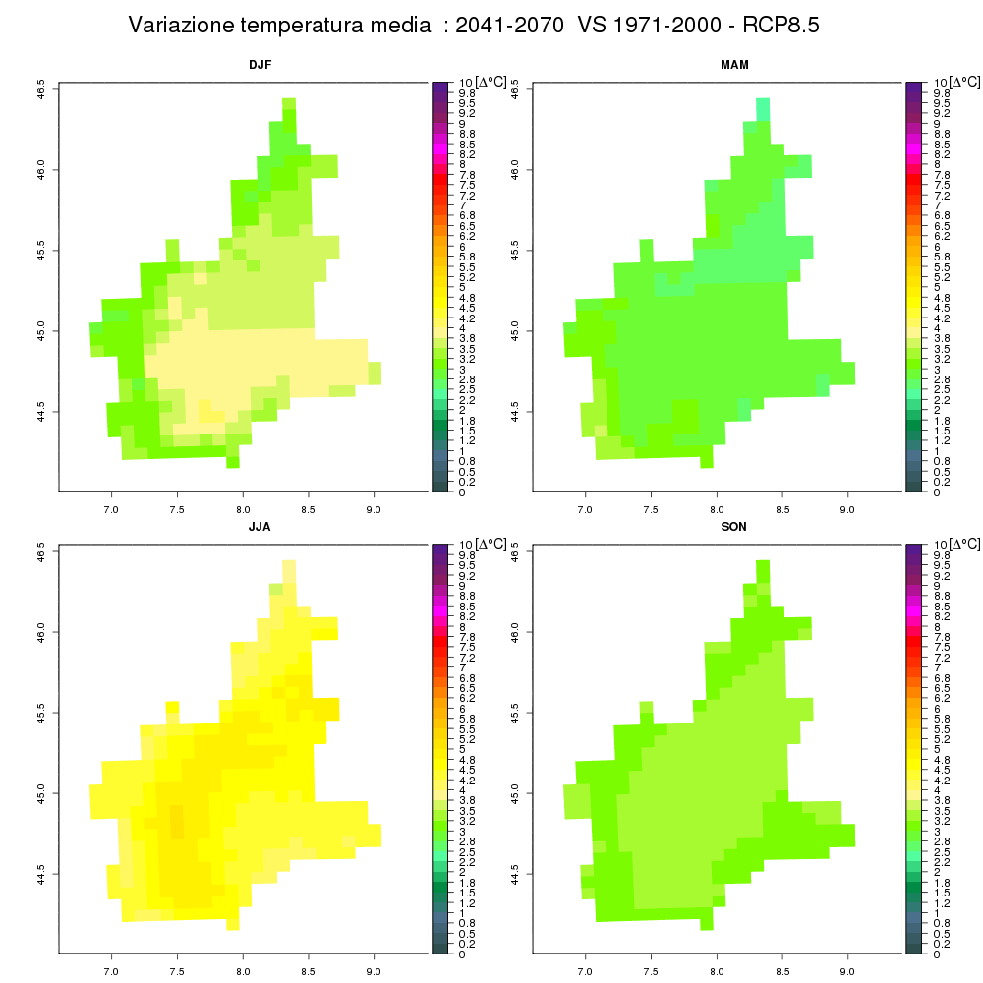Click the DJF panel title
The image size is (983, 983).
pyautogui.click(x=260, y=65)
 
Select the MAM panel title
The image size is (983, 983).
pyautogui.click(x=734, y=65)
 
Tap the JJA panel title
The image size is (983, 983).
pyautogui.click(x=260, y=527)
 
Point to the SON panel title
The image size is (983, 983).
pyautogui.click(x=734, y=527)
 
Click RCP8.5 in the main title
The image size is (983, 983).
pyautogui.click(x=781, y=26)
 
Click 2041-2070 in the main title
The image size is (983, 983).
pyautogui.click(x=509, y=26)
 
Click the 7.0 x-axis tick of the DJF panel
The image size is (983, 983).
pyautogui.click(x=111, y=509)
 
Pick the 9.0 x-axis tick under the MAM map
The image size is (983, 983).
pyautogui.click(x=847, y=509)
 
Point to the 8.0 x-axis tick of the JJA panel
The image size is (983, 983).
pyautogui.click(x=243, y=972)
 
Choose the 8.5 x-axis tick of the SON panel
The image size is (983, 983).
pyautogui.click(x=782, y=972)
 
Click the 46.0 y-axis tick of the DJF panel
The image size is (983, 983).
pyautogui.click(x=41, y=170)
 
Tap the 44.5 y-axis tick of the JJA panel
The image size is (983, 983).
pyautogui.click(x=41, y=874)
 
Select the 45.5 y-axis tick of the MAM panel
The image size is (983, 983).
pyautogui.click(x=515, y=251)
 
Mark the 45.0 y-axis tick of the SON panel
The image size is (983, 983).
pyautogui.click(x=515, y=793)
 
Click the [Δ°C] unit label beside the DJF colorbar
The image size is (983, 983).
pyautogui.click(x=491, y=83)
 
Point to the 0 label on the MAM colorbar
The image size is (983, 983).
pyautogui.click(x=937, y=492)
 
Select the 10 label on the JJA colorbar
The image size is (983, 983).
pyautogui.click(x=466, y=545)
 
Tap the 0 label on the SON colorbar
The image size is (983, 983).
pyautogui.click(x=937, y=954)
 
